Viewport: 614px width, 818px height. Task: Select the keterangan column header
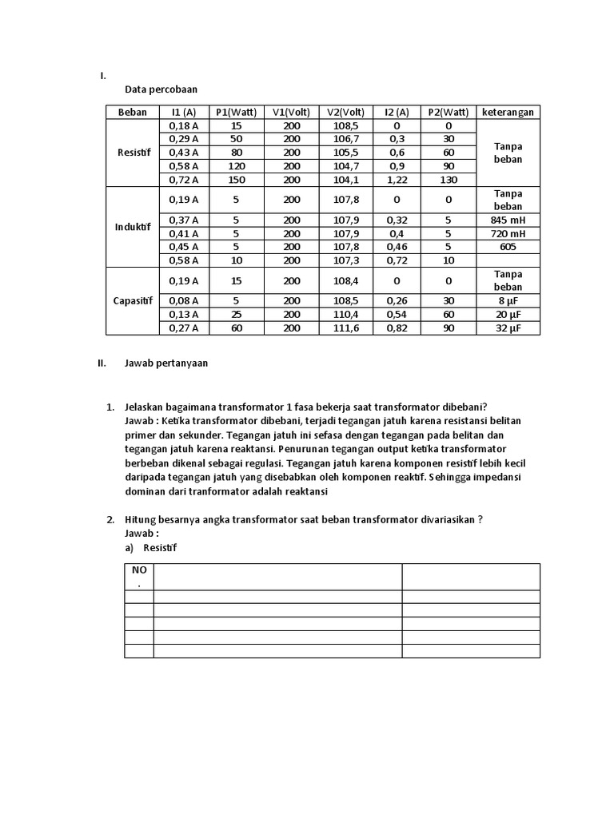coord(508,112)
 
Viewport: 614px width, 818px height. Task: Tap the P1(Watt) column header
coord(236,112)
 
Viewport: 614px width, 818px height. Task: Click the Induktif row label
coord(133,226)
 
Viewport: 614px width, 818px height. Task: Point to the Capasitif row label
coord(133,300)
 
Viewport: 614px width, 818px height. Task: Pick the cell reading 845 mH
coord(508,220)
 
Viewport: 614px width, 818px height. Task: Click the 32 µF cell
coord(508,328)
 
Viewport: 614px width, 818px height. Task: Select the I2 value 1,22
coord(397,180)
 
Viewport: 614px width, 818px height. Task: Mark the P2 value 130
coord(449,180)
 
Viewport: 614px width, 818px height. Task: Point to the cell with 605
coord(508,247)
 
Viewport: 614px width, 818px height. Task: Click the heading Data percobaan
coord(161,89)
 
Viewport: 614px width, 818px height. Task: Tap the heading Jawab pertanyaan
coord(166,363)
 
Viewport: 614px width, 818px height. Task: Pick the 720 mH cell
coord(508,233)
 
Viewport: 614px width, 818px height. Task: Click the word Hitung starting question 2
coord(140,519)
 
